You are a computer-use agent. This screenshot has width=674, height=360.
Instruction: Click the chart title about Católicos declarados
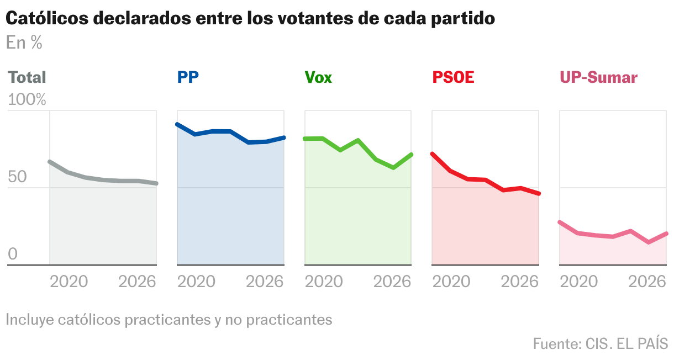click(250, 18)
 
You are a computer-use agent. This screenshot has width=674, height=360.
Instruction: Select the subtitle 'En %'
click(24, 43)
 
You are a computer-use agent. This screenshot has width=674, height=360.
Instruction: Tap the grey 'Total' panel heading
click(27, 77)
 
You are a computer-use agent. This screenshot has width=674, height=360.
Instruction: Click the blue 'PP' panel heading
click(188, 77)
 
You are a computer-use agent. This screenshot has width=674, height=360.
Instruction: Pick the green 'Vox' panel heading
click(318, 77)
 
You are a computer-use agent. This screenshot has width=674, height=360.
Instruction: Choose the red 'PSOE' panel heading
click(453, 77)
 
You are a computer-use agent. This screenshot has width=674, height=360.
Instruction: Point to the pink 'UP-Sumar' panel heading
click(598, 77)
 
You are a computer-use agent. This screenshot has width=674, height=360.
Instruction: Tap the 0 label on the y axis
click(12, 255)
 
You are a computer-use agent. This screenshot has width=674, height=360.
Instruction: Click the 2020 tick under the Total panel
click(69, 282)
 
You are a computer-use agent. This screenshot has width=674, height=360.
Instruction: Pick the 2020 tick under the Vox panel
click(324, 282)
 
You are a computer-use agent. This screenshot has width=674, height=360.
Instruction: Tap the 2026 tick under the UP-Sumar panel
click(647, 282)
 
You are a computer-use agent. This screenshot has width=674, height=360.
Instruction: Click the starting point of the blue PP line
click(177, 125)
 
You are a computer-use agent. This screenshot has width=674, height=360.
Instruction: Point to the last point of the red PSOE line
click(539, 194)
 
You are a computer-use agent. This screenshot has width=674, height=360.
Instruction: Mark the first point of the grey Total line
click(50, 162)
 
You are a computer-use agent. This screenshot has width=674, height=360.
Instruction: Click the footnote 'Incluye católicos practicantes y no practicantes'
click(169, 320)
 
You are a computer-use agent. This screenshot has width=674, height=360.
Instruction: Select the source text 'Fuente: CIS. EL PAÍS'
click(600, 343)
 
